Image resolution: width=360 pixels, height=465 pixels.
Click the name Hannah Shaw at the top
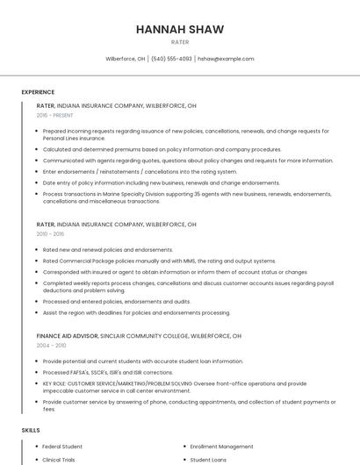pyautogui.click(x=179, y=29)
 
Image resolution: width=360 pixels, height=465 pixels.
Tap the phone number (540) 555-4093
pyautogui.click(x=171, y=59)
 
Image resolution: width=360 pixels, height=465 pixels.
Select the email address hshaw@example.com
pyautogui.click(x=226, y=59)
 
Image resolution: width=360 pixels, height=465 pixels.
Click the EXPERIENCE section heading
pyautogui.click(x=38, y=92)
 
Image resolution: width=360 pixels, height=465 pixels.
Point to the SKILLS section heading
pyautogui.click(x=31, y=431)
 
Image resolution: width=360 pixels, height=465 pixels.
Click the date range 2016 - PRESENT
pyautogui.click(x=54, y=115)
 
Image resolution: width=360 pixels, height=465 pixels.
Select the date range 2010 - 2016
pyautogui.click(x=50, y=234)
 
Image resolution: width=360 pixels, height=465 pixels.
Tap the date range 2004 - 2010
pyautogui.click(x=51, y=346)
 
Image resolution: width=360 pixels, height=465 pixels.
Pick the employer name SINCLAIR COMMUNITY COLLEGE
pyautogui.click(x=147, y=336)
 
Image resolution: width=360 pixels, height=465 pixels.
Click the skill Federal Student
pyautogui.click(x=62, y=447)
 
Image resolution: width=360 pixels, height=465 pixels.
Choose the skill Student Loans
pyautogui.click(x=208, y=460)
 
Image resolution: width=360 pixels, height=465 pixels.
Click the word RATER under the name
pyautogui.click(x=179, y=42)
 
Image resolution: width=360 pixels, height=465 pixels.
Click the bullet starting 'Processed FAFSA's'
pyautogui.click(x=132, y=372)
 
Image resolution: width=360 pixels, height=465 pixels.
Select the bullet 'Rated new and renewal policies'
pyautogui.click(x=108, y=250)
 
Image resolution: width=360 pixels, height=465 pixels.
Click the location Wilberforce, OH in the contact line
pyautogui.click(x=126, y=59)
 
